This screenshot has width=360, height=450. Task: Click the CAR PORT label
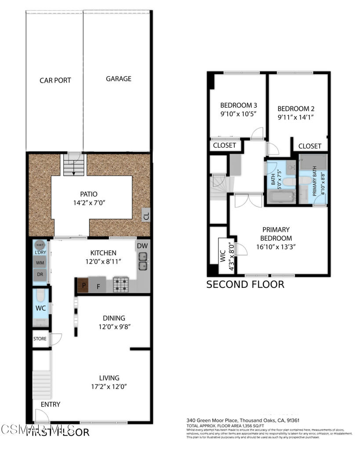55,80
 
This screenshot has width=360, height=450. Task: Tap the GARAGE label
118,79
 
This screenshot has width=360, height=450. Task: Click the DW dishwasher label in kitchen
142,246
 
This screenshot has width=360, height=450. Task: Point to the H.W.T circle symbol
39,245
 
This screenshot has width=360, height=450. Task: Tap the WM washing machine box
40,263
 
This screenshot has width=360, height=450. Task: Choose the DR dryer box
40,274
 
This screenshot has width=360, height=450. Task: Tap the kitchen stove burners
120,284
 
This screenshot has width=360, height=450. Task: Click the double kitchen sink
143,265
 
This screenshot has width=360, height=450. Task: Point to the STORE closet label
40,339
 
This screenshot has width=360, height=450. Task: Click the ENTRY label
50,404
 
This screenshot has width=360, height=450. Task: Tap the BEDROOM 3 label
238,105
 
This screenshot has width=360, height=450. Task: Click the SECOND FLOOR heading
245,284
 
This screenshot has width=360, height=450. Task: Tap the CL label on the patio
146,216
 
